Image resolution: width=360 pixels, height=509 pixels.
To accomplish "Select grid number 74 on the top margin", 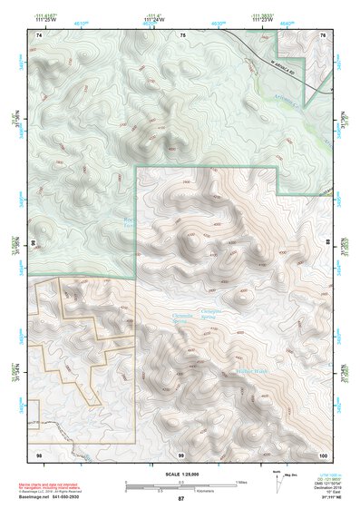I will (39, 34).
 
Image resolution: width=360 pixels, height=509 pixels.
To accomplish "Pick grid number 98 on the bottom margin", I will (39, 453).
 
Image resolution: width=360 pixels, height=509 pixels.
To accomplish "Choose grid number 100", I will (323, 453).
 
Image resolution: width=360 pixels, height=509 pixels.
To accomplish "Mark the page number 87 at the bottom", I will (181, 500).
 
